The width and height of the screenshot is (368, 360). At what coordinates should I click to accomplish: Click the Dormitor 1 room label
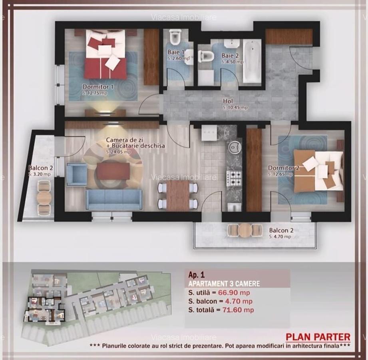[98, 86]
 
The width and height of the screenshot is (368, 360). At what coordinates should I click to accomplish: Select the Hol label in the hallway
[228, 101]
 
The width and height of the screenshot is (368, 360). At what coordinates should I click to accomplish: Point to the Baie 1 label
[176, 52]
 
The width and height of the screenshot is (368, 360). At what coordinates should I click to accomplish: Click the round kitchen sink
[234, 148]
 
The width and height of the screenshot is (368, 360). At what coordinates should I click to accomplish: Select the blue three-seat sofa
[114, 199]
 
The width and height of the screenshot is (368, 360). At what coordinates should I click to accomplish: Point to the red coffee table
[113, 171]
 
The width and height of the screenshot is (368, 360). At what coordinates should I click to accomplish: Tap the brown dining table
[178, 195]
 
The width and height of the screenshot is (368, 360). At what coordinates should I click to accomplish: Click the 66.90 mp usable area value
[239, 293]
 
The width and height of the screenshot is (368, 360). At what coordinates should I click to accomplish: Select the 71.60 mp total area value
[238, 310]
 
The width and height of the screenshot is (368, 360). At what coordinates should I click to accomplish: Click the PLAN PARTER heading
[318, 337]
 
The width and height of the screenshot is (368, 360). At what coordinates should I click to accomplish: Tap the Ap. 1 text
[197, 275]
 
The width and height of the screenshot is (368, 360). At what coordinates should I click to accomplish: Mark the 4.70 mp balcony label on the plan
[280, 236]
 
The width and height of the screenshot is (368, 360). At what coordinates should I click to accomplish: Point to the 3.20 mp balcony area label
[40, 174]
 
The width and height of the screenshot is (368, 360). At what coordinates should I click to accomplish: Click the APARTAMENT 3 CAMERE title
[224, 284]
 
